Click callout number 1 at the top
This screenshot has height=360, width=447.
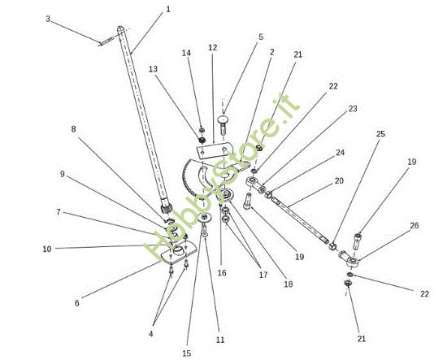coord(168,9)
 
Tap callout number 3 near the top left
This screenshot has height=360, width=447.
coord(48,20)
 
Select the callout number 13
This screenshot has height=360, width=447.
coord(153,69)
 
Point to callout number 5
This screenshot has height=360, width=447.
coord(261,37)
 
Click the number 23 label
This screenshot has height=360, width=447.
coord(353,109)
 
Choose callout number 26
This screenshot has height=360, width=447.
coord(414,225)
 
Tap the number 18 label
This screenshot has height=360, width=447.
coord(289,284)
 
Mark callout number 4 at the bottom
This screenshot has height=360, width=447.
coord(151,333)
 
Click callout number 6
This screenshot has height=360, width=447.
coord(77,303)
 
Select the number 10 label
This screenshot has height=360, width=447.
coord(47,249)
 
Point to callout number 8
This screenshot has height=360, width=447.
coord(73,129)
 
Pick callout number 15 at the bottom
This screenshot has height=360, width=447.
coord(186,353)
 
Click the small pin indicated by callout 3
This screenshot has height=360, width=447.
coord(107,41)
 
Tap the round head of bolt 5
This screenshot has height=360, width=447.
coord(223,119)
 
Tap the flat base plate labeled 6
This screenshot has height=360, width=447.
coord(179,253)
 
